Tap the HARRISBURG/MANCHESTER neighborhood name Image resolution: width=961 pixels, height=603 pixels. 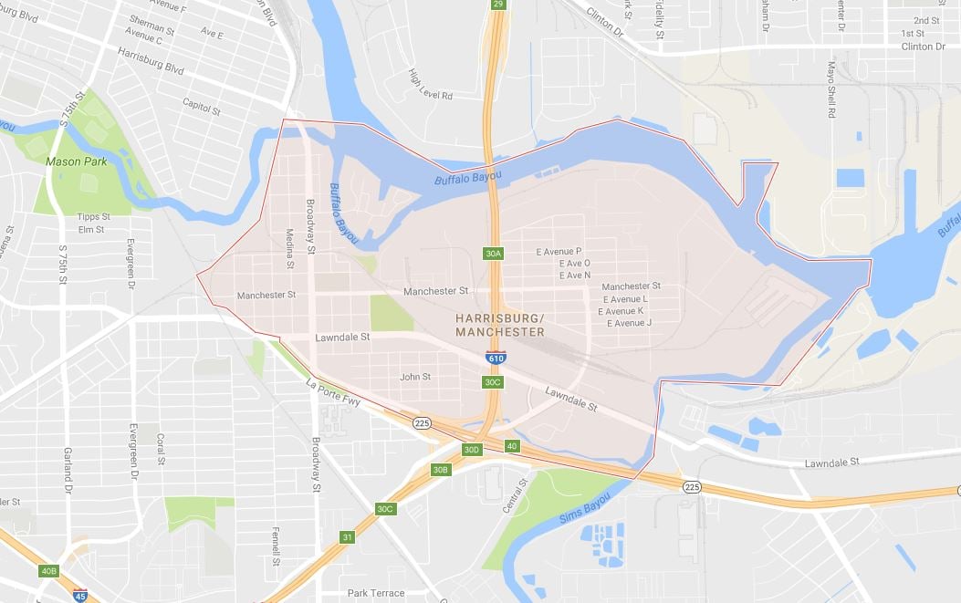(x=499, y=325)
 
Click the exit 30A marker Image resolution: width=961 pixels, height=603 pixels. (x=493, y=253)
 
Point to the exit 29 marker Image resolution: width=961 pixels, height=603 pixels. (x=497, y=5)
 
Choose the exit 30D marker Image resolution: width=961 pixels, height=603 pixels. (x=471, y=449)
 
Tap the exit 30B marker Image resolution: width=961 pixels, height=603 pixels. (x=441, y=469)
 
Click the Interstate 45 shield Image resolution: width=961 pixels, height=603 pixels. (x=80, y=595)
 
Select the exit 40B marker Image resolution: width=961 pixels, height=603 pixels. (x=48, y=571)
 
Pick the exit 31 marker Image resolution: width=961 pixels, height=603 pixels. (x=347, y=536)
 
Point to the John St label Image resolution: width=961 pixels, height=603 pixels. (x=415, y=376)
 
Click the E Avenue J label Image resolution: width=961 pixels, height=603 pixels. (x=624, y=323)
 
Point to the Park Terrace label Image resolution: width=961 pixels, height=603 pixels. (x=376, y=593)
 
